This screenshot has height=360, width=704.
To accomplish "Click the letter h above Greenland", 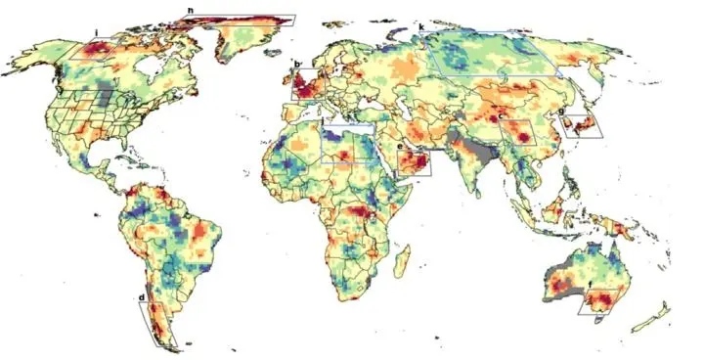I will point(190,11).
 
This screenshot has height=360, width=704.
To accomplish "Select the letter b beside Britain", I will point(296,67).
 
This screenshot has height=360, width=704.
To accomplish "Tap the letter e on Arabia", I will point(400,147).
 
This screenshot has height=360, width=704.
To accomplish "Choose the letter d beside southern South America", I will point(143,297).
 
